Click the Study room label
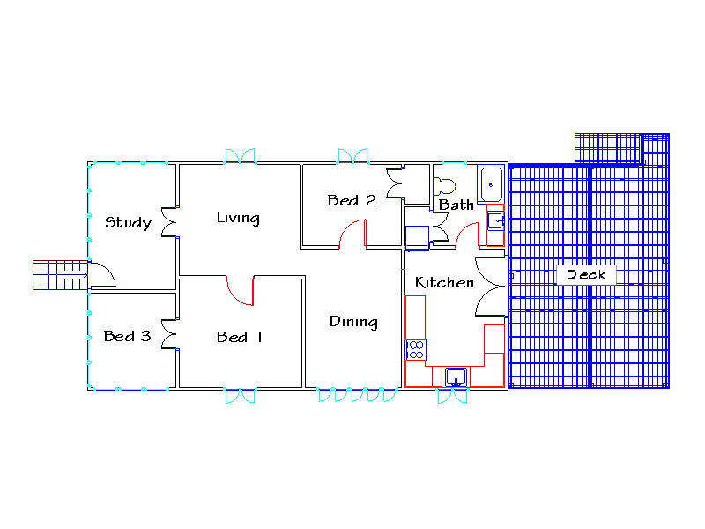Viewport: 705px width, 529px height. coord(128,222)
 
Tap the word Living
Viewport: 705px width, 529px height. coord(238,218)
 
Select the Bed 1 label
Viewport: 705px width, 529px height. coord(240,337)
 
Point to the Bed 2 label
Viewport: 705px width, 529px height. coord(352,200)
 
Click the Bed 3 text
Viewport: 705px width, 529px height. coord(127,336)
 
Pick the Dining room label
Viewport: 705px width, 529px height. coord(353,322)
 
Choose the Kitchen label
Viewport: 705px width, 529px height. coord(444,283)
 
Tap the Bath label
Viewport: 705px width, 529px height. coord(456,205)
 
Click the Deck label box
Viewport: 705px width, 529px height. coord(586,275)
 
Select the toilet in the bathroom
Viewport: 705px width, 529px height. coord(444,186)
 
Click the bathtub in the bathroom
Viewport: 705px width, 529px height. coord(490,184)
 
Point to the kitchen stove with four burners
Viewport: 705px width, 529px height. coord(415,349)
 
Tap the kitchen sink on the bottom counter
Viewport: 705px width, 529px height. coord(456,377)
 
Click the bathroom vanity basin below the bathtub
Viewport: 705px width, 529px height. coord(495,220)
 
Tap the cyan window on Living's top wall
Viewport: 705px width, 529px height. coord(240,156)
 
